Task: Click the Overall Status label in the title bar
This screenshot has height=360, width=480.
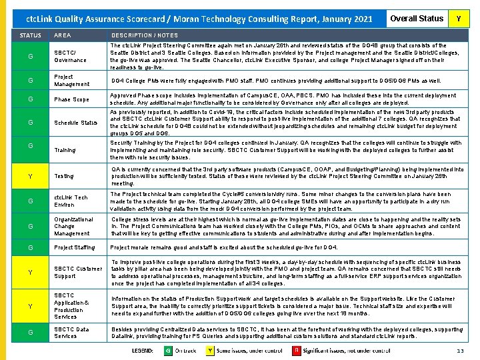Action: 417,19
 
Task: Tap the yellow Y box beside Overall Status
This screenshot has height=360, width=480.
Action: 458,19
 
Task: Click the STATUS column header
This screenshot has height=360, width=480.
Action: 31,35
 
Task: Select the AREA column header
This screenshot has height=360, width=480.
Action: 63,35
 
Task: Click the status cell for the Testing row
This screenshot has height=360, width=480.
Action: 31,177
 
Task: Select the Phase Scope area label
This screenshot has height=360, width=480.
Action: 71,99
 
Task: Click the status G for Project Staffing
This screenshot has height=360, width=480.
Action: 31,248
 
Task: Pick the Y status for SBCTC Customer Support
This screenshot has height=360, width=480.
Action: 31,272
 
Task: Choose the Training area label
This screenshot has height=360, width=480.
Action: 65,151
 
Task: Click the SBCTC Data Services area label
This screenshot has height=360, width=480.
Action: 71,333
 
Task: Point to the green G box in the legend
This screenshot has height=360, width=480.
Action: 168,350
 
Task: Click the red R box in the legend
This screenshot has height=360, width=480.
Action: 297,350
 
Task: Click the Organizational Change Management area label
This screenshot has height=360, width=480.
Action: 73,227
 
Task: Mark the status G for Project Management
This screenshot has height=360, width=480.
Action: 31,81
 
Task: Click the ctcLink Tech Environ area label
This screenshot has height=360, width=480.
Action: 71,201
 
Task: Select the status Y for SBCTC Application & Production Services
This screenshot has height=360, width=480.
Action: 31,306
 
